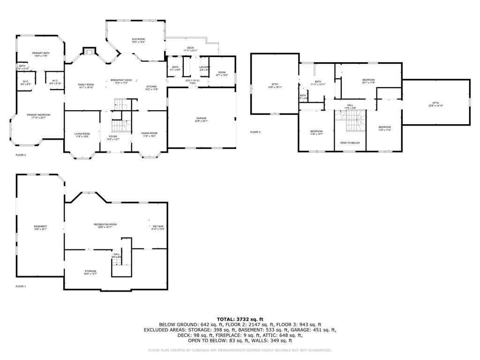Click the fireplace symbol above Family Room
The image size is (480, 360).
89,51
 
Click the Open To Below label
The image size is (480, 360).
350,142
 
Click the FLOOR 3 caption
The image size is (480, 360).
255,132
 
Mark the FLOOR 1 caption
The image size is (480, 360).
21,286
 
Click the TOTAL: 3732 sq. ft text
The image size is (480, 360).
240,319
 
